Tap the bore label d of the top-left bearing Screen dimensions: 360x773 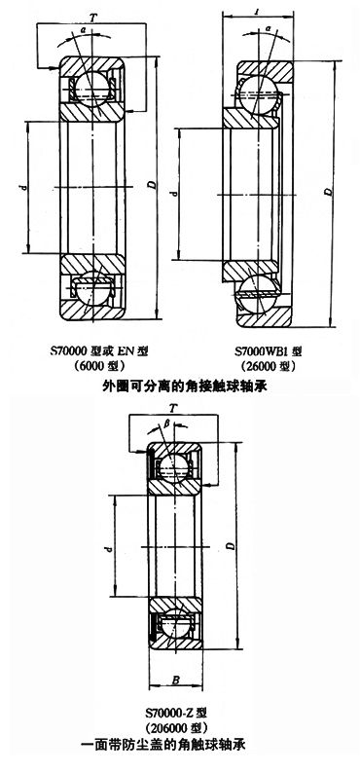(22, 187)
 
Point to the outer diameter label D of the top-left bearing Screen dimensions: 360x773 (151, 185)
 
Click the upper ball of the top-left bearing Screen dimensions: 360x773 (91, 88)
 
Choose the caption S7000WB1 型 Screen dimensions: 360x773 (268, 351)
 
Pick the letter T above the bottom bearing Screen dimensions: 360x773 (173, 409)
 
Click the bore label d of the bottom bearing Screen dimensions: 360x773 (109, 548)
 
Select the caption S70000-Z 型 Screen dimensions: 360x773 (176, 713)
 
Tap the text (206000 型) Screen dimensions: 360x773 (176, 727)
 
